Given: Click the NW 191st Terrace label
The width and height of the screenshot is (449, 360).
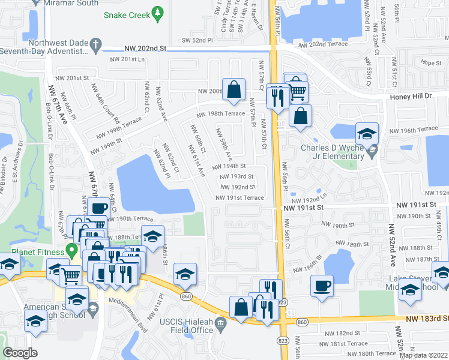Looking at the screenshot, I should pyautogui.click(x=240, y=197).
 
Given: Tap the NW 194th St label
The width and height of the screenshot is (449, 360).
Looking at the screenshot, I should pyautogui.click(x=230, y=166).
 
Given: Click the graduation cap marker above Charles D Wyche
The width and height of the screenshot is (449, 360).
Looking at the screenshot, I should pyautogui.click(x=367, y=133).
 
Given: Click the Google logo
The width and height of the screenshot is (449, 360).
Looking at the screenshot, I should pyautogui.click(x=20, y=353).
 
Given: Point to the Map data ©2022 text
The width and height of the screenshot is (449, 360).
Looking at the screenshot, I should pyautogui.click(x=423, y=355).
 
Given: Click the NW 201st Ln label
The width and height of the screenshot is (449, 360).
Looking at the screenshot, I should pyautogui.click(x=127, y=59).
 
